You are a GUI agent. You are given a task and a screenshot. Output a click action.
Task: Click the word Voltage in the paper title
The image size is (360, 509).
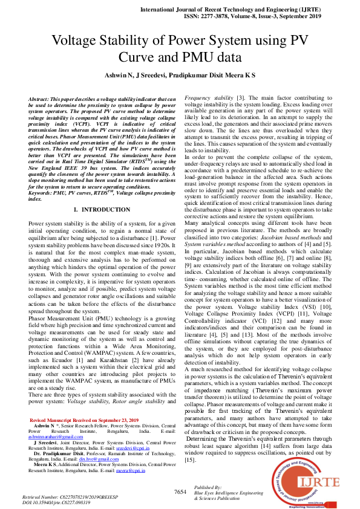click(80, 41)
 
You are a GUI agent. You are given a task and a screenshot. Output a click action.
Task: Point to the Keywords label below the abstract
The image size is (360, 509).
click(43, 193)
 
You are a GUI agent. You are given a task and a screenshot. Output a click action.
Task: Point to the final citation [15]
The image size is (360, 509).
click(191, 459)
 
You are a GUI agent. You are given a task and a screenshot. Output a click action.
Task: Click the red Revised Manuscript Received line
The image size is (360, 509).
click(84, 419)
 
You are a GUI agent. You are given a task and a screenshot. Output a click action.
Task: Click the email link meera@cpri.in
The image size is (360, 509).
click(139, 470)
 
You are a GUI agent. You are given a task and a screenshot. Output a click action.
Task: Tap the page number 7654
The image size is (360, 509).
click(180, 492)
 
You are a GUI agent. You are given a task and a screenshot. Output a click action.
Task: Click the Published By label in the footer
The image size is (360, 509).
click(208, 487)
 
